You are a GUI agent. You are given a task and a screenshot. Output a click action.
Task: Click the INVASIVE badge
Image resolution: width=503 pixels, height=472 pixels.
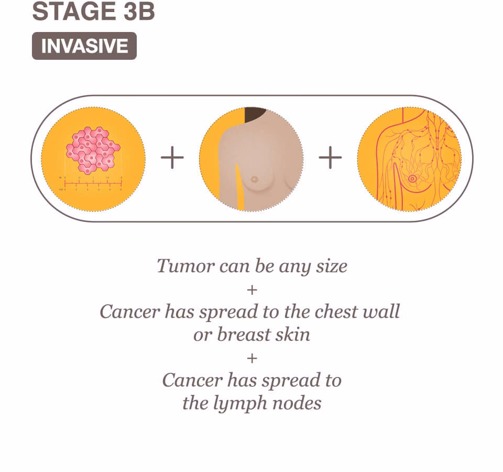84,46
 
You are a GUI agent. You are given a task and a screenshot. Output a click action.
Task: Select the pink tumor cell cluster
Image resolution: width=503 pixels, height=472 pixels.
93,150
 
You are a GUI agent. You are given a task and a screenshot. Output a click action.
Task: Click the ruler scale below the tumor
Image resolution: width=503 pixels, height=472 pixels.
92,183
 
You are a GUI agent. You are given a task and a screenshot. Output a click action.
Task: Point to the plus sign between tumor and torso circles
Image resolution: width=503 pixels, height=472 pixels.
172,158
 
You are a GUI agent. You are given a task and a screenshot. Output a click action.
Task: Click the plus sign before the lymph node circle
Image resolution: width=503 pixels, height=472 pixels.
330,158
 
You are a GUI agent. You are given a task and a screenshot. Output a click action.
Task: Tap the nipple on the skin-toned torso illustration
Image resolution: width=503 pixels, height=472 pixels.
254,179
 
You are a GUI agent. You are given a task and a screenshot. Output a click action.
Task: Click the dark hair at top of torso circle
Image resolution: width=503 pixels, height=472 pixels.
255,113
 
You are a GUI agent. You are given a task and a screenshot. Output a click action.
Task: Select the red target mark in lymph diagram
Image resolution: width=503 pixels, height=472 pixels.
412,179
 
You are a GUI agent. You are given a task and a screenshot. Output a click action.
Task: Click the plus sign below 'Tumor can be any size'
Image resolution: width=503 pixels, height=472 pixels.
252,289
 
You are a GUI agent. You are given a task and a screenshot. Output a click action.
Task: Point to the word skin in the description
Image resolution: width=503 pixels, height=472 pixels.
293,334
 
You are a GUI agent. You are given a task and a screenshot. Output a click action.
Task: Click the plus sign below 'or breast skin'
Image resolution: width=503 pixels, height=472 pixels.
252,358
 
